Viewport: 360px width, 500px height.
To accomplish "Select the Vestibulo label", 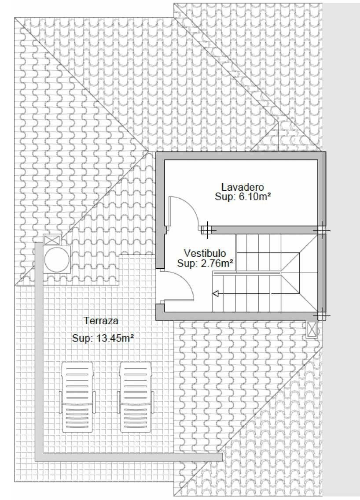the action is point(205,253).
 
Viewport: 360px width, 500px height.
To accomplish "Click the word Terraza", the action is point(101,320).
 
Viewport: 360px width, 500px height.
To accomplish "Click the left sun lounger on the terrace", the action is point(77,397).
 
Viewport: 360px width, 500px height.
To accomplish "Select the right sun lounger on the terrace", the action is point(136,397).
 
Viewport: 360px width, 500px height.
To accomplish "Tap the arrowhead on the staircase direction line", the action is point(216,294).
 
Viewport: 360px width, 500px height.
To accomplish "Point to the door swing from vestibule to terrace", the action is point(186,281).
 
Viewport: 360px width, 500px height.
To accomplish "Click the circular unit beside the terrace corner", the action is point(57,259).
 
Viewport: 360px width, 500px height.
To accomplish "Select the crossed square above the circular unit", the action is point(51,240).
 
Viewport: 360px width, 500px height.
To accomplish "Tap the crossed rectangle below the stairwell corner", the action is point(312,329).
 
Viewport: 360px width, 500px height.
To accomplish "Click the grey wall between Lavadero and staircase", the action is point(264,230).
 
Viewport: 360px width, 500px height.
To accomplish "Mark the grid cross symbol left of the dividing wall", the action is point(206,230).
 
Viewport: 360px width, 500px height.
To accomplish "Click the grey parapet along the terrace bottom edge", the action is point(128,457).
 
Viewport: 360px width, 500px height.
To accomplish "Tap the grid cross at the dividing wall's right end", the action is point(321,230).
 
